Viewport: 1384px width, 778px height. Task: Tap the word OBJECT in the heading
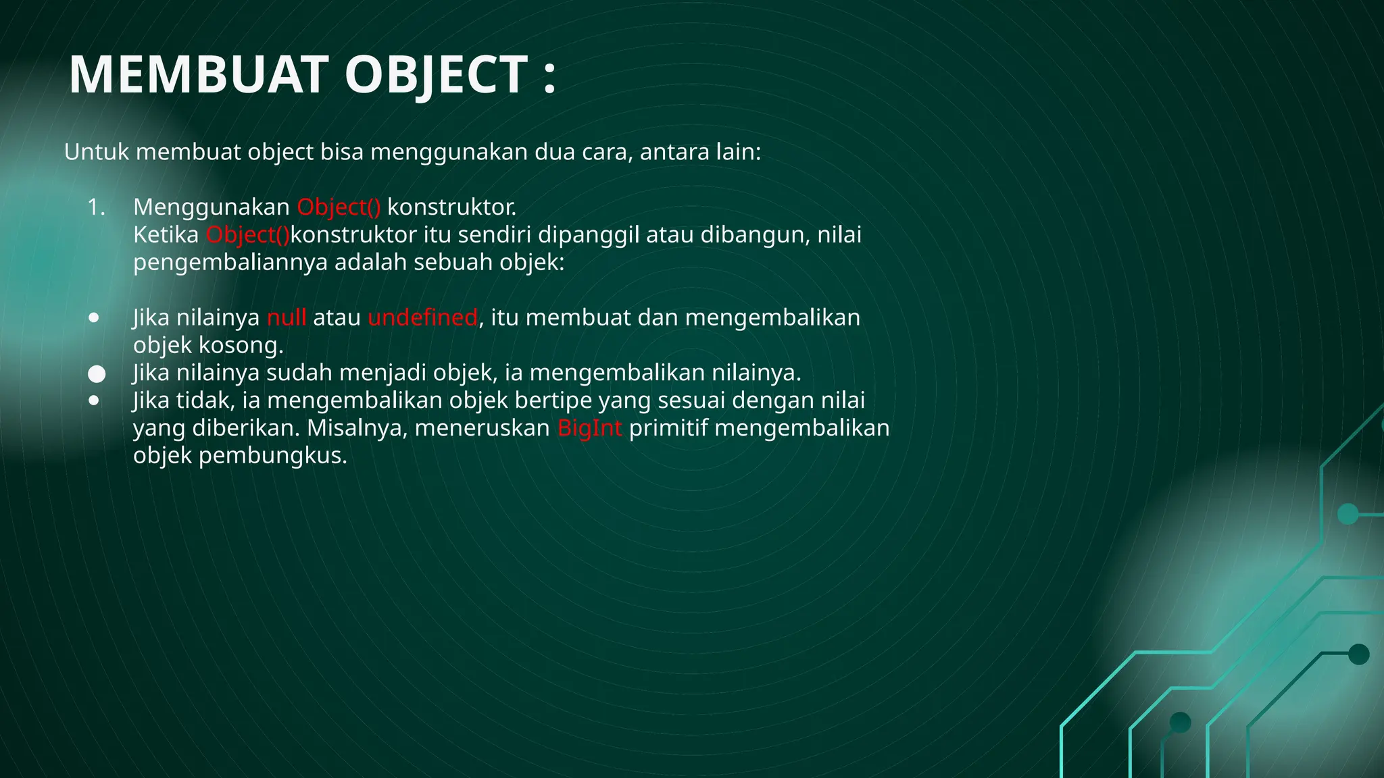436,74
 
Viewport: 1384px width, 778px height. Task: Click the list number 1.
96,207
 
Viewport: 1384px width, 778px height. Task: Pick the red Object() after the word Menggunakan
339,207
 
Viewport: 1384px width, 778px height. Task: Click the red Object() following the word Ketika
248,235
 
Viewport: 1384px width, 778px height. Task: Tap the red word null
287,317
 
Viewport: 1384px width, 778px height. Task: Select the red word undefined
422,317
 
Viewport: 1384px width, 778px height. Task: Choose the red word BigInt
589,428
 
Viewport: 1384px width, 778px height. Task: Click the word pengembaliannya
230,263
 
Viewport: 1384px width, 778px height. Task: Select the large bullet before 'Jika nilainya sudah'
97,374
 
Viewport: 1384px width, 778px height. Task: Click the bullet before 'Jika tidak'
94,400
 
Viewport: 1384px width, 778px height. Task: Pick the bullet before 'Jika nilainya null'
94,317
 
